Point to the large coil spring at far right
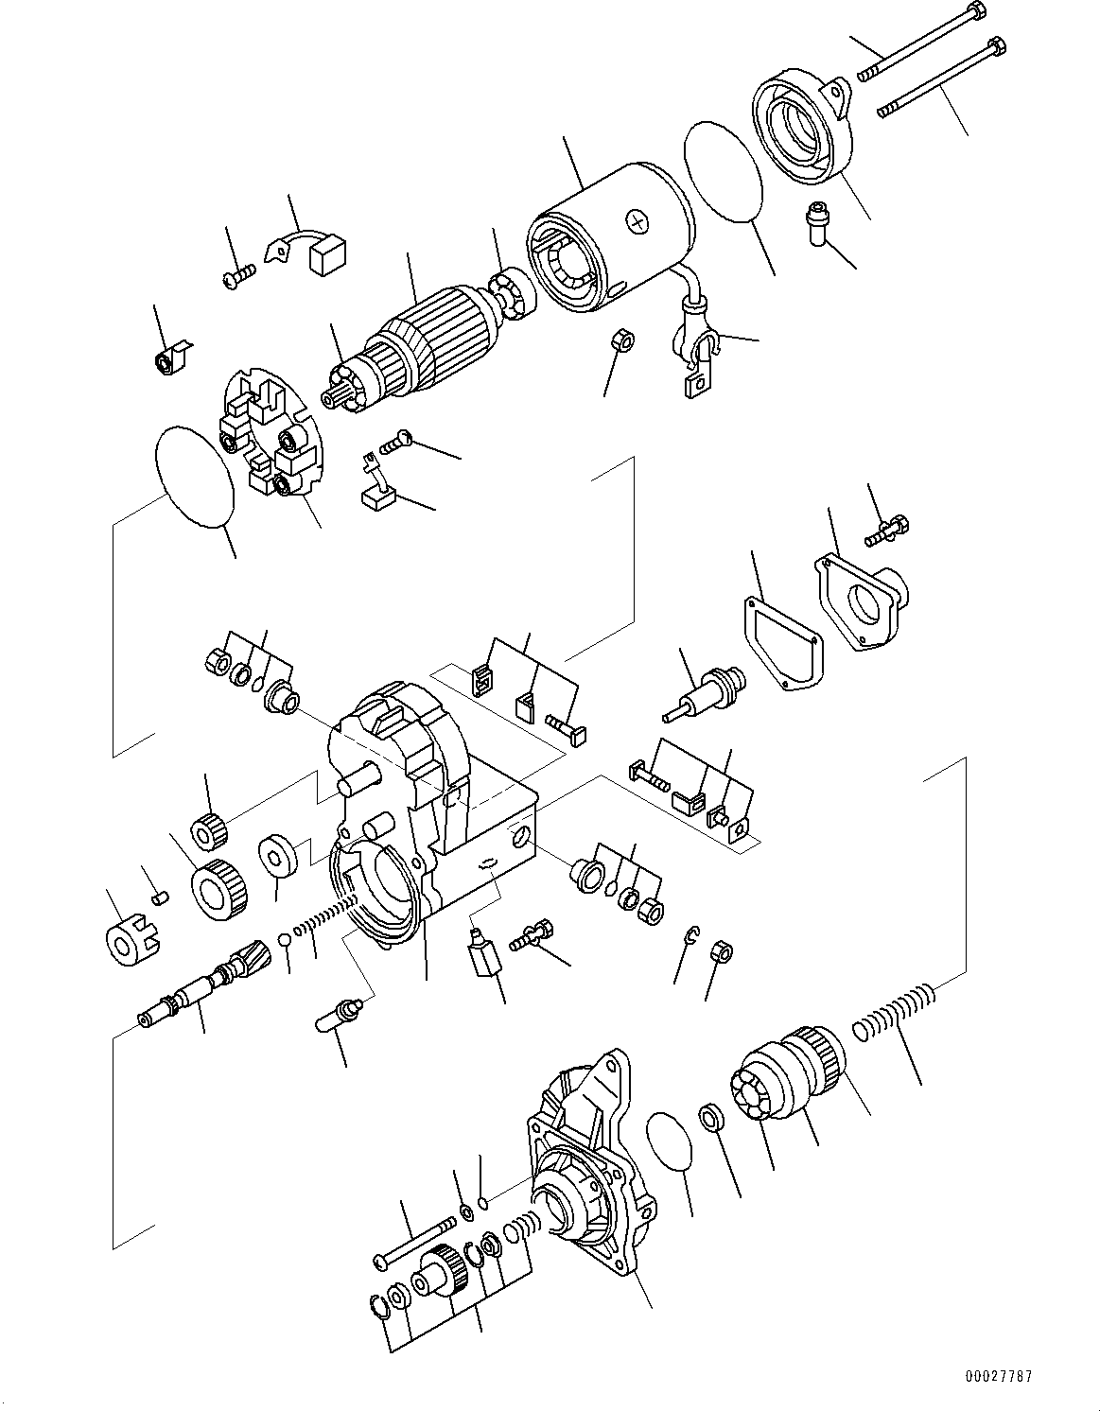(x=895, y=1011)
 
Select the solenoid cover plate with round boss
(x=862, y=601)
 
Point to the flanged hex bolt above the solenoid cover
(x=886, y=530)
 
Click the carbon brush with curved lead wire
(x=312, y=251)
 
